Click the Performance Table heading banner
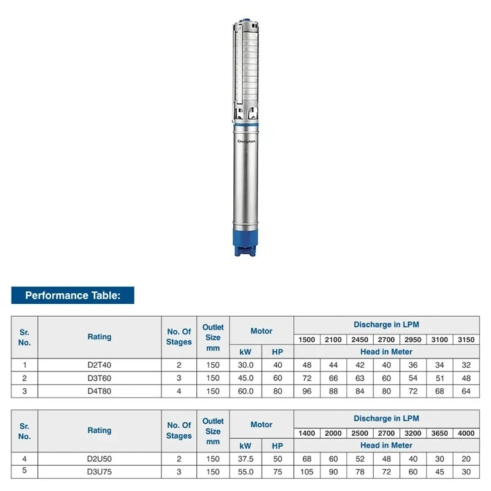tap(72, 295)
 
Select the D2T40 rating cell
tap(99, 365)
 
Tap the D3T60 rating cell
tap(99, 378)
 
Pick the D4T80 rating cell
tap(99, 391)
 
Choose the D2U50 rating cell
tap(99, 459)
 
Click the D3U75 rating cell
tap(99, 472)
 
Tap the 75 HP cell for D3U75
tap(277, 472)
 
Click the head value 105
tap(307, 472)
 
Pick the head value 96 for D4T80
tap(307, 391)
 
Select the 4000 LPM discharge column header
tap(466, 433)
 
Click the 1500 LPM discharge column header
tap(307, 339)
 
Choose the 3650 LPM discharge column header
tap(439, 433)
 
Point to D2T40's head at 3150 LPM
tap(466, 365)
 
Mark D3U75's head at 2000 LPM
tap(333, 472)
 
